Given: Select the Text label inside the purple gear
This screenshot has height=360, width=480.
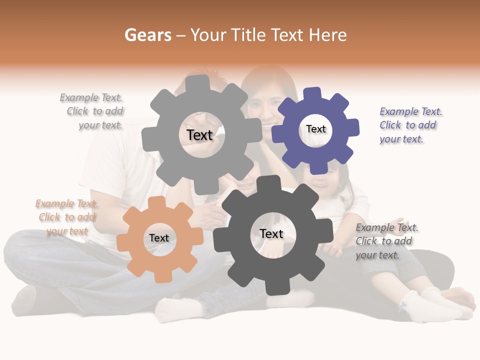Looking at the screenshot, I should coord(315,129).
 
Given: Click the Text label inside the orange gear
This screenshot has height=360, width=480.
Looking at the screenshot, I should coord(159,238).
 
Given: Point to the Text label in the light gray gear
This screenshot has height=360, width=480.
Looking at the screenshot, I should coord(199,135).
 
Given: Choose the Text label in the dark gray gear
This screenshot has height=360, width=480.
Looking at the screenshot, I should coord(271,233).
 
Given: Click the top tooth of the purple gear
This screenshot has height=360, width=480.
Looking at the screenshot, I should coord(312,93).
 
